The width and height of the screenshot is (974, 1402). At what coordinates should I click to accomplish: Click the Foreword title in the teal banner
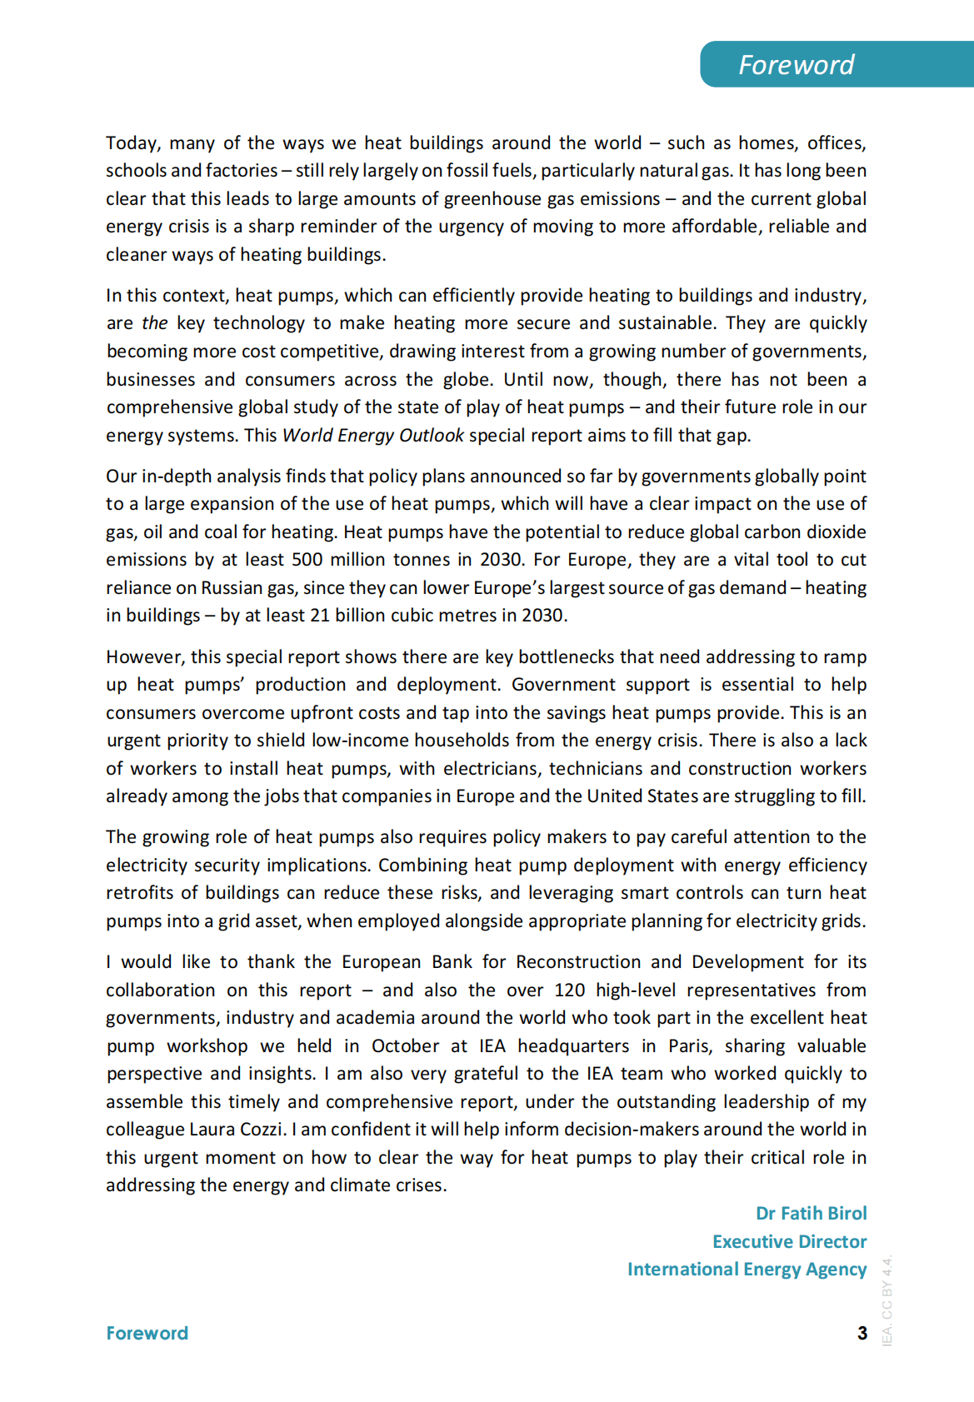796,64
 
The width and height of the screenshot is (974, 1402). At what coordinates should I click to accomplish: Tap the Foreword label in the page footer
147,1333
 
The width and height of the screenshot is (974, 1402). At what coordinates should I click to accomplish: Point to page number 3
862,1333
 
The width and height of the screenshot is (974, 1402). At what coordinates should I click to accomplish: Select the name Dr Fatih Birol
811,1213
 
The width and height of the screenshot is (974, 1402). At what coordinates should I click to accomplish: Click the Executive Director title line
789,1241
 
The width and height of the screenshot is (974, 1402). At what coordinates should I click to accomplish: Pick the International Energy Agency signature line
747,1269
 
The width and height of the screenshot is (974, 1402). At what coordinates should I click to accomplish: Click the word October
405,1045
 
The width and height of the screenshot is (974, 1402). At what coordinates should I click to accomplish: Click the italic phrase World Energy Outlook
373,435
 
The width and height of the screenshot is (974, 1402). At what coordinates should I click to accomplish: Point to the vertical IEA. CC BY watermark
887,1300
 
